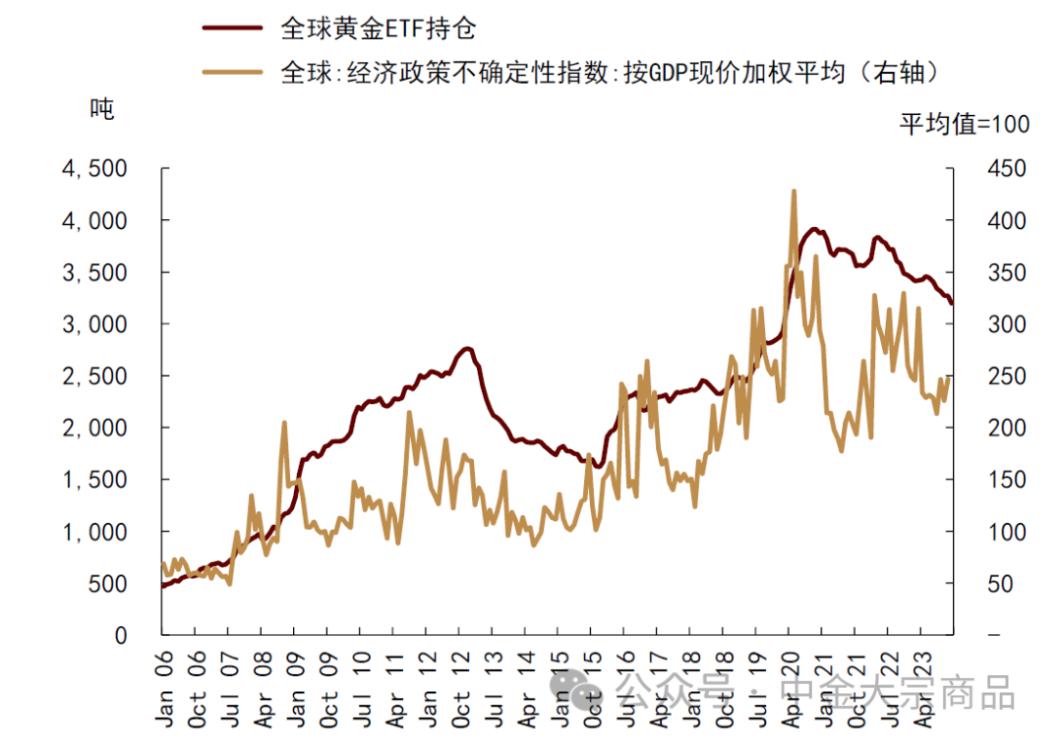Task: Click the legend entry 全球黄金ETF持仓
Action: pos(379,29)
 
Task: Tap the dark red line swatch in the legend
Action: pos(233,29)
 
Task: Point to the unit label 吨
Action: pos(102,108)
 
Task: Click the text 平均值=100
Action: pos(965,124)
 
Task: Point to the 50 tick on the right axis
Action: pos(999,584)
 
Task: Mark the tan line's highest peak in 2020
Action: pos(793,192)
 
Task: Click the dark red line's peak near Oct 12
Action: pos(466,349)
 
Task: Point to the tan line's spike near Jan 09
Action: pos(284,423)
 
